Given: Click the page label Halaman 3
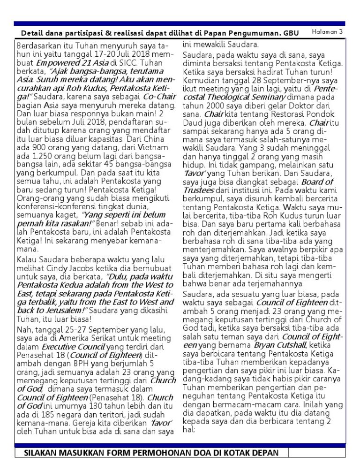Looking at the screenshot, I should coord(328,31).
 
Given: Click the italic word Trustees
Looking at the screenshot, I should coord(198,190).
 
